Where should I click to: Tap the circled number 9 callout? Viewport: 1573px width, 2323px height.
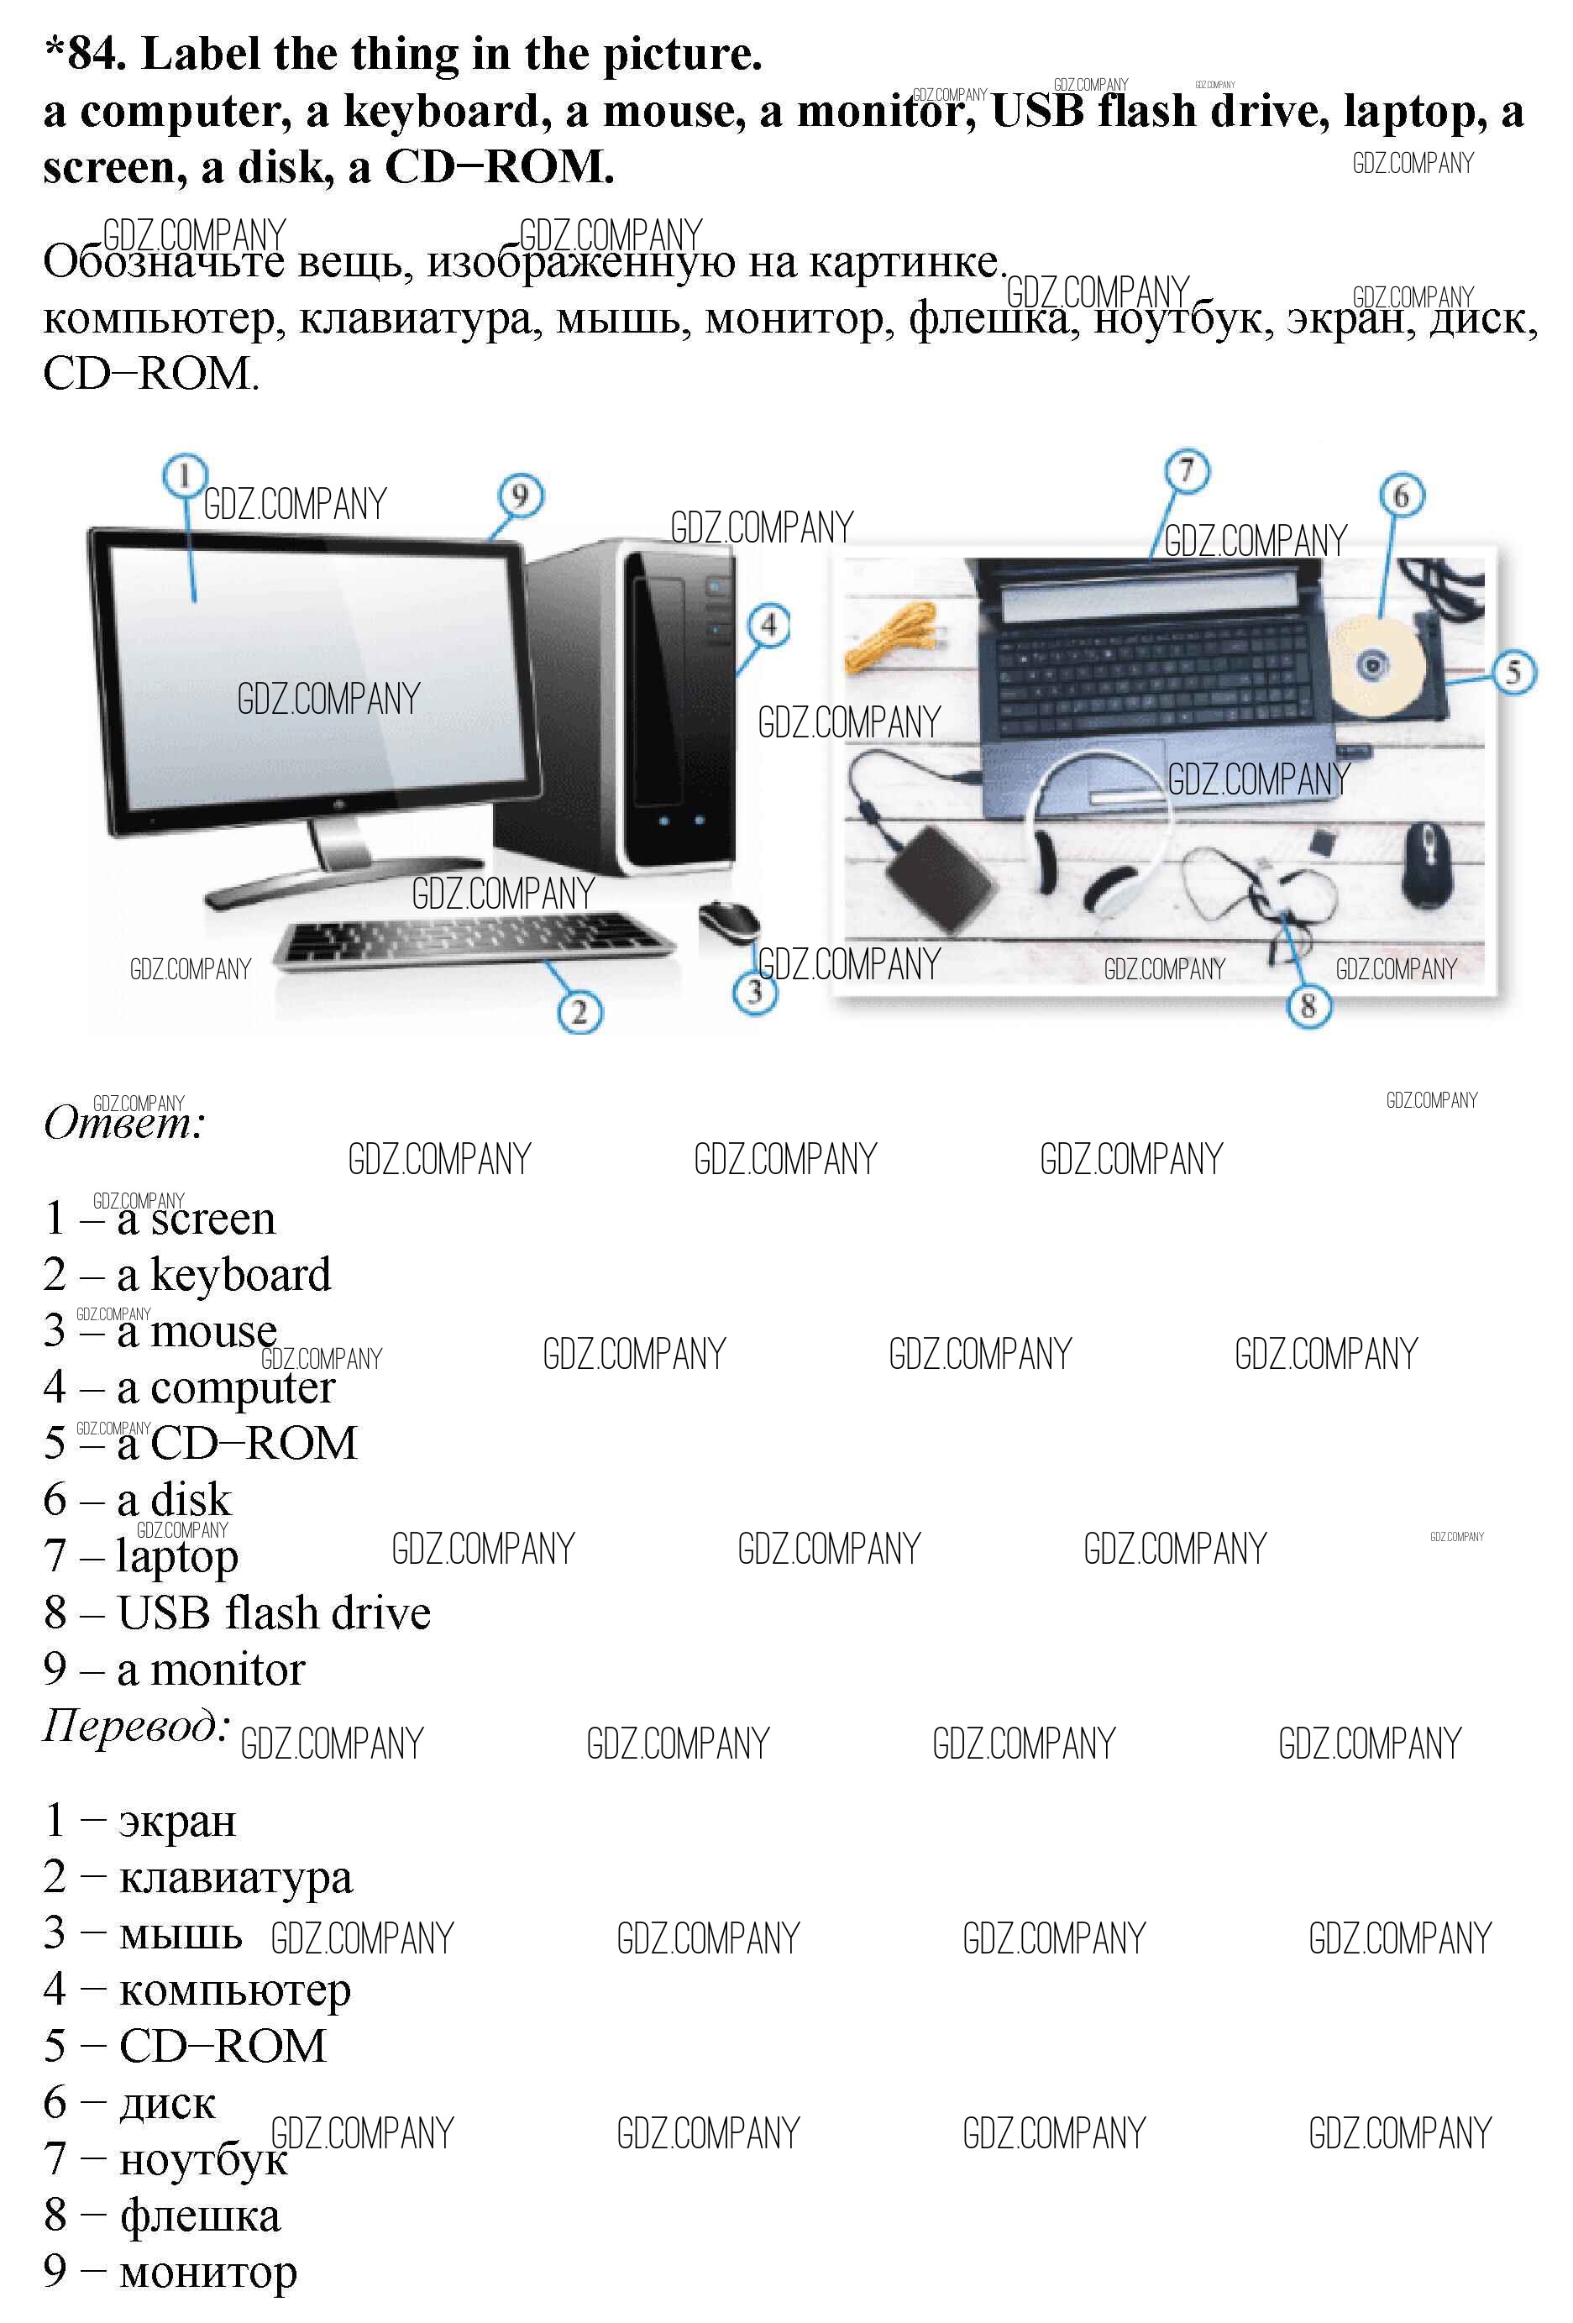click(521, 496)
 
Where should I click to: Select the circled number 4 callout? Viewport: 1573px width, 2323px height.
click(768, 626)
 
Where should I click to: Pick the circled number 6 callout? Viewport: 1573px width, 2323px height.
click(1401, 495)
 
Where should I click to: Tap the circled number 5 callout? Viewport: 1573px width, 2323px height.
click(1514, 672)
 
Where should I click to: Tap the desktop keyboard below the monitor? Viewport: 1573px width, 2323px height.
click(469, 939)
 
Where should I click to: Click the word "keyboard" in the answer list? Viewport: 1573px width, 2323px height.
click(241, 1274)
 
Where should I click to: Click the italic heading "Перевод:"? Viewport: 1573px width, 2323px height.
click(136, 1726)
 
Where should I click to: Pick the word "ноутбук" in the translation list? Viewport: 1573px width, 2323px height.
click(204, 2159)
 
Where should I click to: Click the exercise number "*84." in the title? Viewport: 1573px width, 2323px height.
click(86, 54)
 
